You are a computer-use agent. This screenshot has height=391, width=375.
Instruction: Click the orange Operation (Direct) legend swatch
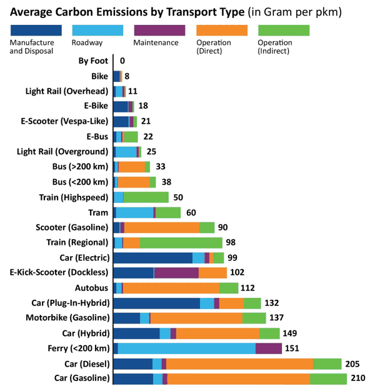[x=222, y=30]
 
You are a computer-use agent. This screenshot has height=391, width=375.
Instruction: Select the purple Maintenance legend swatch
[x=159, y=30]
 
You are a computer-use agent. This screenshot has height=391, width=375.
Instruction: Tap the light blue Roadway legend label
[x=87, y=42]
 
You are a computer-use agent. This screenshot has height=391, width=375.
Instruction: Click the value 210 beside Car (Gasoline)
[x=358, y=378]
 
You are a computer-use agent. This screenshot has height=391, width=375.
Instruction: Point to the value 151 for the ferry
[x=292, y=348]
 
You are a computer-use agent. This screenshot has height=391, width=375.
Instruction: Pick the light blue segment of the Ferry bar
[x=187, y=349]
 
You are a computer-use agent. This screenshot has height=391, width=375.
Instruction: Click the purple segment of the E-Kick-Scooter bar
[x=176, y=272]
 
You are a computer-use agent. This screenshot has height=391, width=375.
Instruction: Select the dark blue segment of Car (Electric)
[x=153, y=258]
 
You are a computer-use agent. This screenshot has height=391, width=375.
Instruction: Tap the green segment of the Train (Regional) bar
[x=181, y=243]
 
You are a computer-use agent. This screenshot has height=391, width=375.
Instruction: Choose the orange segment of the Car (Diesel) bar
[x=240, y=364]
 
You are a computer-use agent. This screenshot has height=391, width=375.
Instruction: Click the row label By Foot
[x=93, y=61]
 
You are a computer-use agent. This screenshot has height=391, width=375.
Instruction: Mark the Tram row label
[x=98, y=213]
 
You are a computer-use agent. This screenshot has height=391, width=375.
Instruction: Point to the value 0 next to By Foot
[x=122, y=61]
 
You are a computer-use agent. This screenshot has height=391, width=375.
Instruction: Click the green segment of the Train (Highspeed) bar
[x=146, y=197]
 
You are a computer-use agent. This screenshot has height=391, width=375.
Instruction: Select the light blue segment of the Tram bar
[x=135, y=213]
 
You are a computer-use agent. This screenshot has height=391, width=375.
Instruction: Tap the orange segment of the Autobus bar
[x=171, y=288]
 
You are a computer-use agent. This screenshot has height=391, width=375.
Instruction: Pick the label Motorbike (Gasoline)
[x=67, y=318]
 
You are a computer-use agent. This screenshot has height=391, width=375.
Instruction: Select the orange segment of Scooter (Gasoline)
[x=162, y=228]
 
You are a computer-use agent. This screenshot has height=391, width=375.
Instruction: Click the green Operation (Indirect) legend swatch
[x=284, y=30]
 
